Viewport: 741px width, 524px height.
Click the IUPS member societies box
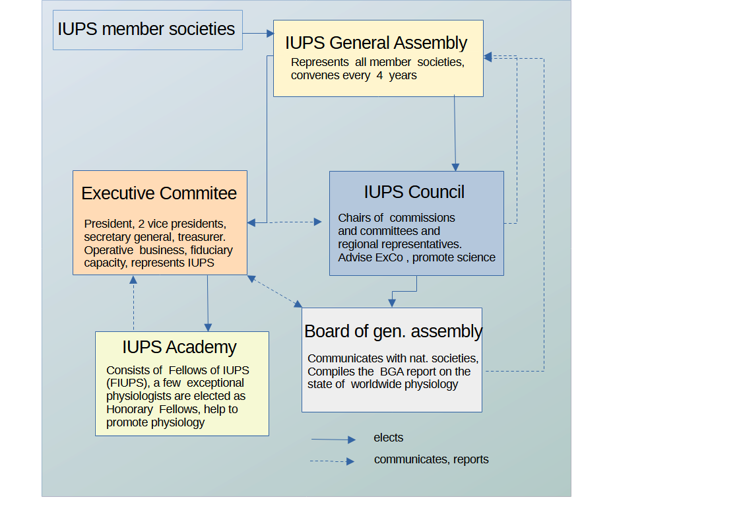pos(147,30)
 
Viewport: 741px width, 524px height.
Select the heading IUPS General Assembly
pos(376,44)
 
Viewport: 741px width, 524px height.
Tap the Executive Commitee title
pos(159,193)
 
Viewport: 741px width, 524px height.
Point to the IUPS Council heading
pos(414,192)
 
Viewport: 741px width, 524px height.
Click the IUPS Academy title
pos(179,347)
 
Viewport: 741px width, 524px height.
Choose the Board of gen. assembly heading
pos(393,331)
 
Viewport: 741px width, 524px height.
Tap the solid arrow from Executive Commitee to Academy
pos(208,303)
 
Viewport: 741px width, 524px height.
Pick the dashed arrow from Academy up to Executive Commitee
pos(133,303)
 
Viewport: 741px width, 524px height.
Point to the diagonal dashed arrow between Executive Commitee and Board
pos(274,291)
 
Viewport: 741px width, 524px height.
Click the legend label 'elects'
pos(389,438)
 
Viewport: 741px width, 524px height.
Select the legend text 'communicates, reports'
pos(431,459)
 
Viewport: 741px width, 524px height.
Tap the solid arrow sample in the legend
pos(333,440)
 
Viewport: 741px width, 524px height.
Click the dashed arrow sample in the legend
pos(333,461)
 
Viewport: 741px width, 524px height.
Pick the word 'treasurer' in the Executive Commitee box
pos(201,237)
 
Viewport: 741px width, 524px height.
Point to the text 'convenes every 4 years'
pos(354,76)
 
